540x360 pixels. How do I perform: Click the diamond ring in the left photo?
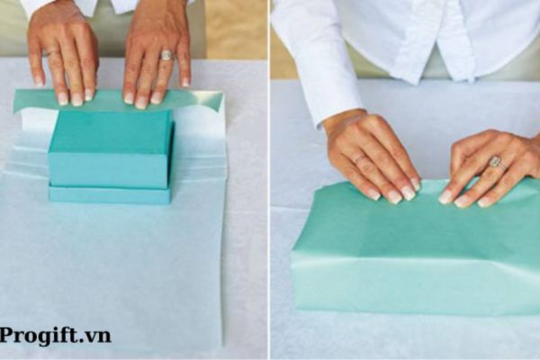click(x=166, y=55)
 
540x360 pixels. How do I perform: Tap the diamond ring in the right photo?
click(x=494, y=161)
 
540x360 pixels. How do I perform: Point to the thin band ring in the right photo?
click(x=360, y=159)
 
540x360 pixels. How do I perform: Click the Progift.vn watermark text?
click(x=56, y=336)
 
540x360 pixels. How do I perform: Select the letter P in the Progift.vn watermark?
click(x=7, y=336)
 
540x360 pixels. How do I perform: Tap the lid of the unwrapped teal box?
click(x=110, y=148)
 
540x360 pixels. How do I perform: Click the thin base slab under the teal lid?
click(x=109, y=193)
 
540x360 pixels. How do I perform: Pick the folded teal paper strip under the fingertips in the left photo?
click(x=117, y=100)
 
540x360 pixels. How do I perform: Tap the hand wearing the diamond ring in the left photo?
click(x=157, y=54)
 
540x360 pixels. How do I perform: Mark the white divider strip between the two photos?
click(x=269, y=180)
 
